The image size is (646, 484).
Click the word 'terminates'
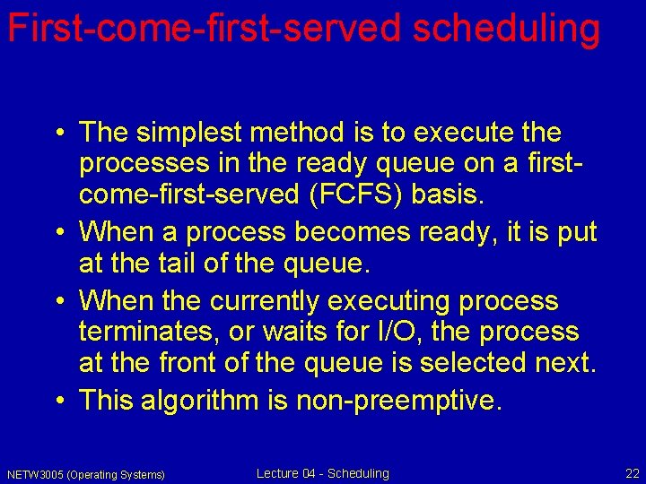point(148,332)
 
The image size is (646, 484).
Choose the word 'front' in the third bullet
point(208,363)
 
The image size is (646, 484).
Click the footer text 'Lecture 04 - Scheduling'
point(323,473)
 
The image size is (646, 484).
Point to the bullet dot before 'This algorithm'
point(58,401)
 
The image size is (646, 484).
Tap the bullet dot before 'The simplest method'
point(58,134)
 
